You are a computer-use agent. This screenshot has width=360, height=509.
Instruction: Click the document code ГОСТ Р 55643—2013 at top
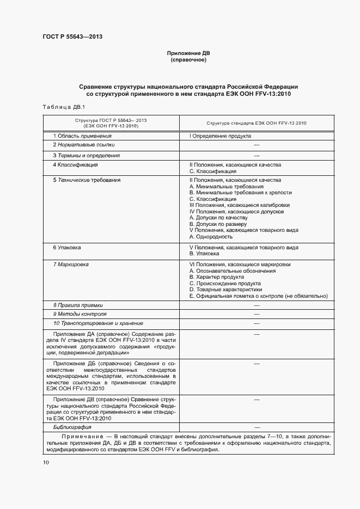click(72, 37)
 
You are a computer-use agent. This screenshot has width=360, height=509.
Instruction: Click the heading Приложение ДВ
click(188, 53)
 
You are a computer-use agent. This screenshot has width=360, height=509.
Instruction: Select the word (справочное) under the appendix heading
click(188, 60)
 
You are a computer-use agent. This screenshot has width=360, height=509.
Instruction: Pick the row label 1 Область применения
click(82, 136)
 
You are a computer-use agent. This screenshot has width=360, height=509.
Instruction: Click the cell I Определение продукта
click(219, 136)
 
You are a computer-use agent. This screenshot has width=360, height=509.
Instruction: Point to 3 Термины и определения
click(86, 155)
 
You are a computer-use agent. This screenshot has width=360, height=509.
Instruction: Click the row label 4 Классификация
click(75, 164)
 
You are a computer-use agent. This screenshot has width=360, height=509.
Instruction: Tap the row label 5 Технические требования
click(87, 180)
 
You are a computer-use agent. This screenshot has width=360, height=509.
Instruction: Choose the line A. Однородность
click(211, 237)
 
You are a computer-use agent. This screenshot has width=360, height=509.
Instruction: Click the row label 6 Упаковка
click(67, 248)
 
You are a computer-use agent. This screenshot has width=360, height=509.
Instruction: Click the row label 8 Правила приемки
click(78, 305)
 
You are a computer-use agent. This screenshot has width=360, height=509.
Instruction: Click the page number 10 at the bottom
click(46, 462)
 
